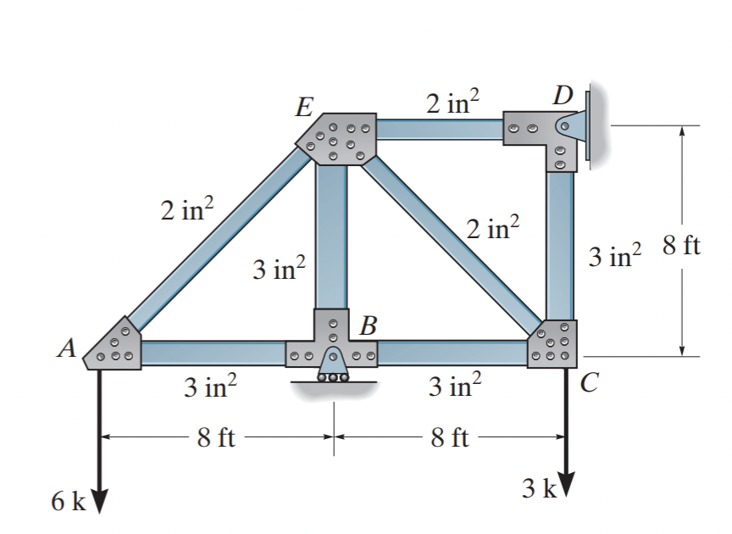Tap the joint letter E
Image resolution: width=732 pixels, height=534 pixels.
(x=301, y=107)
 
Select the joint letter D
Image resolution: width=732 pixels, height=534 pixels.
(x=561, y=95)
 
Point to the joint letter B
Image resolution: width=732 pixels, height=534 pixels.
(x=368, y=325)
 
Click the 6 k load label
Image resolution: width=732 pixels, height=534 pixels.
(x=68, y=501)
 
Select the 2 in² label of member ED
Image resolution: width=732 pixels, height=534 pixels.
(x=452, y=103)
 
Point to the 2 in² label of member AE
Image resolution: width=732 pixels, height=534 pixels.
(x=187, y=209)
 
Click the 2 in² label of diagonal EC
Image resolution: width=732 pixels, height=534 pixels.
(x=492, y=230)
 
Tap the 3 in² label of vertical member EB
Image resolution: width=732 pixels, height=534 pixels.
(x=279, y=269)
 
